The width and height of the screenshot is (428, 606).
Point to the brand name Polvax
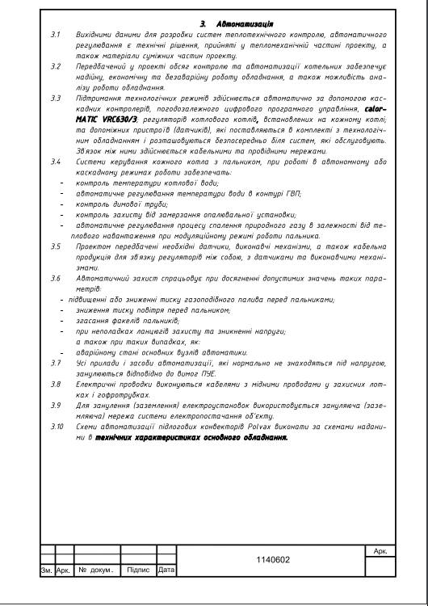click(263, 423)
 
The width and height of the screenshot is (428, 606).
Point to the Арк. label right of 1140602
click(381, 550)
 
